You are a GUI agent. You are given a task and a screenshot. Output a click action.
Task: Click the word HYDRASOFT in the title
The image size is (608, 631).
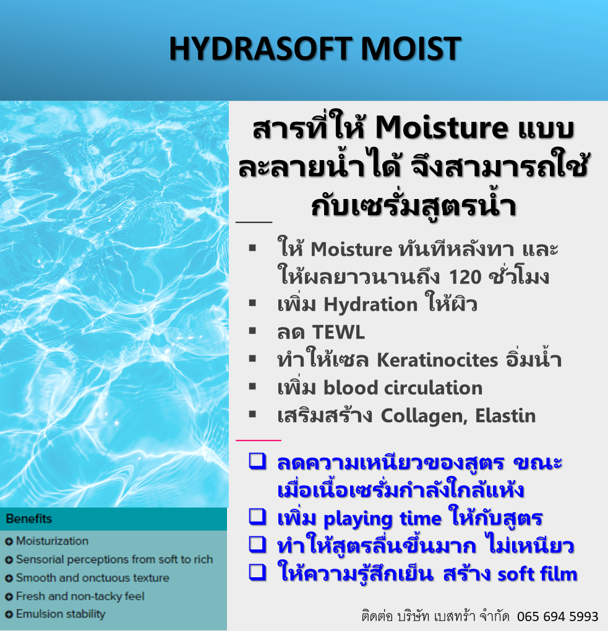(261, 49)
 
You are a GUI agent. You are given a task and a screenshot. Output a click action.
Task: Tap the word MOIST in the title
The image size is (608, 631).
(411, 49)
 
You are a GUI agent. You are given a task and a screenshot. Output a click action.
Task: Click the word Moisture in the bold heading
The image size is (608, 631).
(441, 128)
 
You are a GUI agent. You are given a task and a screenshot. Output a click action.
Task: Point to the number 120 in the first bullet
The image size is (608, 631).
(465, 277)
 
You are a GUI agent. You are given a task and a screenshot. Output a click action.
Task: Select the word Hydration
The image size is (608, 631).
(370, 304)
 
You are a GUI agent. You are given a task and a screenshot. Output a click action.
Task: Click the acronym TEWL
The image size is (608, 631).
(338, 332)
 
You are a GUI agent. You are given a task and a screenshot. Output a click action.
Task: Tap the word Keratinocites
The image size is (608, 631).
(437, 360)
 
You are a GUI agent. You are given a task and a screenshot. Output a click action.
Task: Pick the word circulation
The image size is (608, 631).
(433, 388)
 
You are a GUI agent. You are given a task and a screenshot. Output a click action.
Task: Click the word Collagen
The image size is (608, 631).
(424, 416)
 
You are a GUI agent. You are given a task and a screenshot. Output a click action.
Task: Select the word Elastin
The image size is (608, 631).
(505, 416)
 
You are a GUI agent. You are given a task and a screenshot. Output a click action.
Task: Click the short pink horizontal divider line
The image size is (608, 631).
(258, 441)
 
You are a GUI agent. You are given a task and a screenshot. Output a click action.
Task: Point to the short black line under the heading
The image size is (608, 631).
(254, 222)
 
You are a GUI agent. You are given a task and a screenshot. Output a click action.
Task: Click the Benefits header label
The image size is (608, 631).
(29, 519)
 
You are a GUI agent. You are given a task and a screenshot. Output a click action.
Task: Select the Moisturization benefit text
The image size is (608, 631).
(53, 541)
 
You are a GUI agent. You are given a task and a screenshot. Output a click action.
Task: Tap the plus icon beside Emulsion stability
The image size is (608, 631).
(9, 614)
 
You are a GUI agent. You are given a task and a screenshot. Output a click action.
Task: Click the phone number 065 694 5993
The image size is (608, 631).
(558, 617)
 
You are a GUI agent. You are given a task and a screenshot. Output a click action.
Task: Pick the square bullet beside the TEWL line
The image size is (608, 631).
(252, 331)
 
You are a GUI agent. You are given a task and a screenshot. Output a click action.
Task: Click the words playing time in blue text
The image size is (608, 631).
(382, 519)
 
